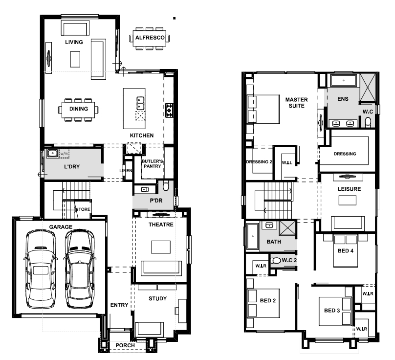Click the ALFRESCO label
150,38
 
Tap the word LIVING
74,42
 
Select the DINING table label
79,109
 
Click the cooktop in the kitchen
169,111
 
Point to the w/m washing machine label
64,153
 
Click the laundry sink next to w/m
52,153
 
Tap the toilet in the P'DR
166,185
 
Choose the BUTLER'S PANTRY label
152,163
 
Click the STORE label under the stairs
83,209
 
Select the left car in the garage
40,269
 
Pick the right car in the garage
80,269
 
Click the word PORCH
125,345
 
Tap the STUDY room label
158,299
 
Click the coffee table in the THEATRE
161,247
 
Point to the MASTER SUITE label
297,103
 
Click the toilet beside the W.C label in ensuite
368,122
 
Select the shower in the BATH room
287,228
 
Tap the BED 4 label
345,251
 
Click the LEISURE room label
349,189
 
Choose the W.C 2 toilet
276,260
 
